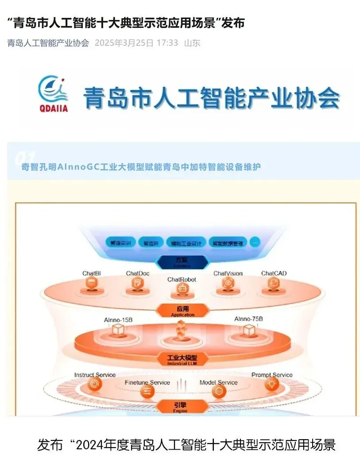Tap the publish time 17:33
point(167,43)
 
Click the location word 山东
point(192,43)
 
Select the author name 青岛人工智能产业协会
point(48,43)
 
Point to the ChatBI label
point(92,273)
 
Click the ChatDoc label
point(138,273)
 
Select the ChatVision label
point(228,273)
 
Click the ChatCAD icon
point(273,285)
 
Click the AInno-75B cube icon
point(249,329)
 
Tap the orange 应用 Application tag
point(183,310)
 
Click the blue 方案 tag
point(182,262)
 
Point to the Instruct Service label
point(95,374)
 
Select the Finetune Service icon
point(147,391)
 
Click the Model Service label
point(218,382)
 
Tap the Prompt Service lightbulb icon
point(271,385)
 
